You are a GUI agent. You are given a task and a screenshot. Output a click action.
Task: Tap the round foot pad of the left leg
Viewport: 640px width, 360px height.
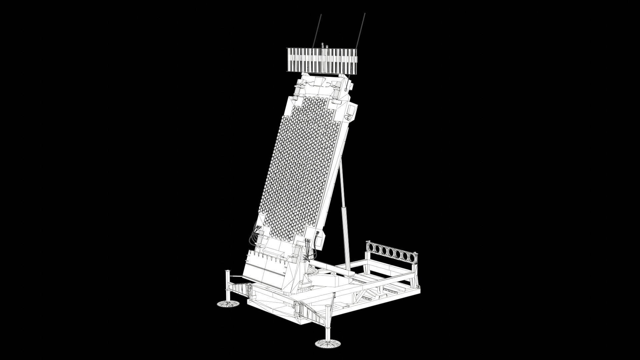point(228,304)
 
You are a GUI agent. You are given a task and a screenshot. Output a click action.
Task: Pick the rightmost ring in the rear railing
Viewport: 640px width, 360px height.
point(414,258)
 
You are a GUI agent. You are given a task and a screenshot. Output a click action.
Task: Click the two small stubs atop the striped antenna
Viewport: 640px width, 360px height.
point(325,46)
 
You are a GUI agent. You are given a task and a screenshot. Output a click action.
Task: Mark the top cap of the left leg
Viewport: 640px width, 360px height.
point(228,272)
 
